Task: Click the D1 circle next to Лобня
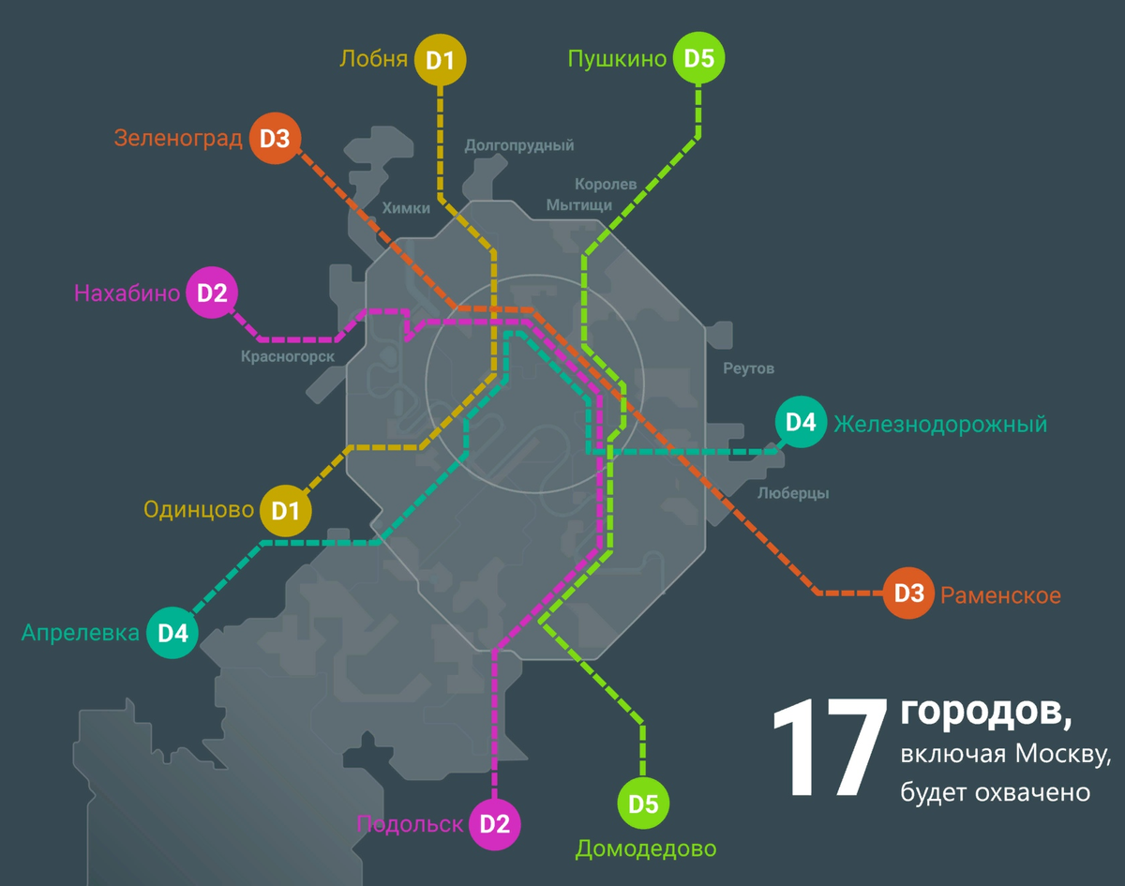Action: tap(440, 61)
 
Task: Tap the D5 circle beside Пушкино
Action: tap(699, 59)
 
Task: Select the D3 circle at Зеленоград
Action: tap(275, 139)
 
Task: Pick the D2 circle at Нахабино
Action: tap(212, 293)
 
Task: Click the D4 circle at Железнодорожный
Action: tap(801, 423)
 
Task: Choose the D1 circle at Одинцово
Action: tap(286, 510)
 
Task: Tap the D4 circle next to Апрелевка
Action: tap(172, 633)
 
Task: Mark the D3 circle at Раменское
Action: tap(908, 593)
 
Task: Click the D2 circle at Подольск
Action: tap(494, 824)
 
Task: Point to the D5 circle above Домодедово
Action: tap(643, 803)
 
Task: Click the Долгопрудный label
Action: tap(519, 145)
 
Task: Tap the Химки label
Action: tap(406, 208)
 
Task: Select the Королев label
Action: tap(606, 184)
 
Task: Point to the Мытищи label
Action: tap(579, 204)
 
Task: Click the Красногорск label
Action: tap(288, 355)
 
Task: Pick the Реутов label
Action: tap(749, 368)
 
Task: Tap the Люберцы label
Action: tap(792, 493)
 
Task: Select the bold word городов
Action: tap(984, 712)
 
